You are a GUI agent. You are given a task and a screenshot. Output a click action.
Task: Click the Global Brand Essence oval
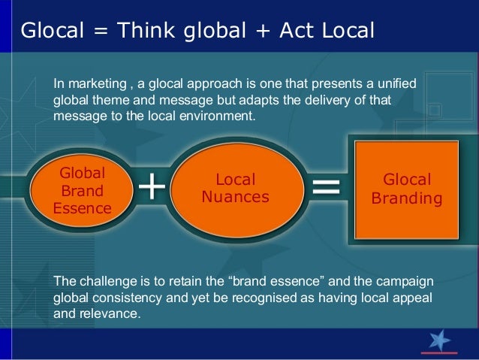point(83,190)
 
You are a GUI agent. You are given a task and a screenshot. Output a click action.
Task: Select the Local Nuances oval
point(236,189)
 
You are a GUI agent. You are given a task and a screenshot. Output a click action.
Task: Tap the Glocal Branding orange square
point(407,189)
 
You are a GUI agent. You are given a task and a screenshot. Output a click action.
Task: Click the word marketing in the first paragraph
point(95,84)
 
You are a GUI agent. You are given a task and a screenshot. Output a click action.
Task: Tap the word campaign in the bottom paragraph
point(407,282)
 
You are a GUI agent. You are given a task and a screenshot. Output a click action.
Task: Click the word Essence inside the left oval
point(83,207)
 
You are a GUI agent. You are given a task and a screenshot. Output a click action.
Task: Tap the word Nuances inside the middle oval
point(236,197)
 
